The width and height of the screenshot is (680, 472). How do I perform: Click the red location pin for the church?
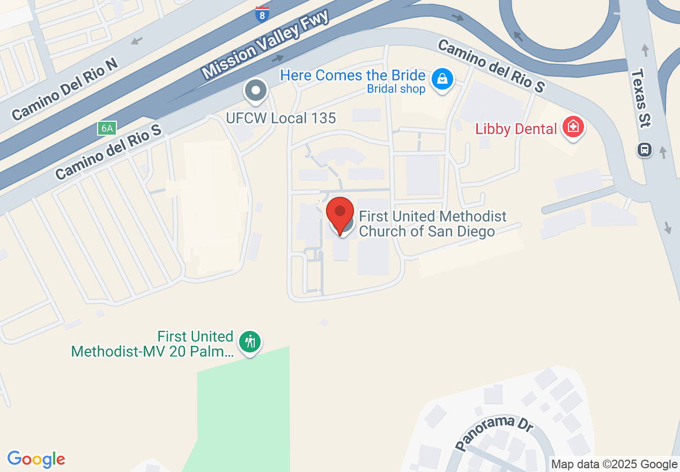[x=340, y=212]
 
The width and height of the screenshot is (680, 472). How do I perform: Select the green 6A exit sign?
[x=106, y=128]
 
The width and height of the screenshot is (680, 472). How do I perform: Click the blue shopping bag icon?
[x=442, y=79]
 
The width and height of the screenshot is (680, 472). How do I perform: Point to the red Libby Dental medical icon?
[x=573, y=128]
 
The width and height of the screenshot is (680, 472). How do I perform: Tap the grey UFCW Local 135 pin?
[x=256, y=91]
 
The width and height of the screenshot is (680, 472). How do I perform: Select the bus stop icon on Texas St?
[x=645, y=149]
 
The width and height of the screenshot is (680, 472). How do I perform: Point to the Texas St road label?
[x=641, y=98]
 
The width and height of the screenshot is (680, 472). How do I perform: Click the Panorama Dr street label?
[x=494, y=432]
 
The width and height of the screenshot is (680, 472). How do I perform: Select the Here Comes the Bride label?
[x=353, y=76]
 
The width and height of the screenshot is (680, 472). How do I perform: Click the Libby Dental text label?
[x=516, y=129]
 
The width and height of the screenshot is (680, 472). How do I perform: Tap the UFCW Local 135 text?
[x=281, y=118]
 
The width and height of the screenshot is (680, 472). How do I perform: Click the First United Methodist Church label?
[x=432, y=224]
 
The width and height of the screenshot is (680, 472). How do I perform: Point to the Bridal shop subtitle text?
[x=396, y=89]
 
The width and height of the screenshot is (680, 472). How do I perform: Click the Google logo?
[x=36, y=459]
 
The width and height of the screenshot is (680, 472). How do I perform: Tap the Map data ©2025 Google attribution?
[x=614, y=464]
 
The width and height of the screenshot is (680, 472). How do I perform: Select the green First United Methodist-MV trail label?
[x=152, y=344]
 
